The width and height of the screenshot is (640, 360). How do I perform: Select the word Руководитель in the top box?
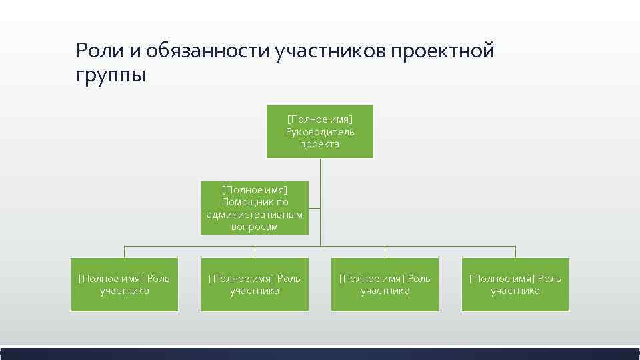[320, 132]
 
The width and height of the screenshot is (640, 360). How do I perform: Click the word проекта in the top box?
[320, 144]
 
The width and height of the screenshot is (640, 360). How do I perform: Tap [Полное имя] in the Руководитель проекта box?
[320, 119]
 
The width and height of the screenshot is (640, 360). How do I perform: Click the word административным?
[255, 214]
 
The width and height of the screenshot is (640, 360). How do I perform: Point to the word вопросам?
[255, 227]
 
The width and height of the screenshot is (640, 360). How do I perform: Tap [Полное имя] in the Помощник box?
[255, 190]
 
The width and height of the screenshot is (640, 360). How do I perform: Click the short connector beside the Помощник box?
[315, 207]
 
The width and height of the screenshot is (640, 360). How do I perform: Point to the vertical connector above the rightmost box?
[515, 251]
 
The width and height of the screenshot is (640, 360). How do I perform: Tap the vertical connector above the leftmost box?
[125, 251]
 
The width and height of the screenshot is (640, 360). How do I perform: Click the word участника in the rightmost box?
[515, 291]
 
